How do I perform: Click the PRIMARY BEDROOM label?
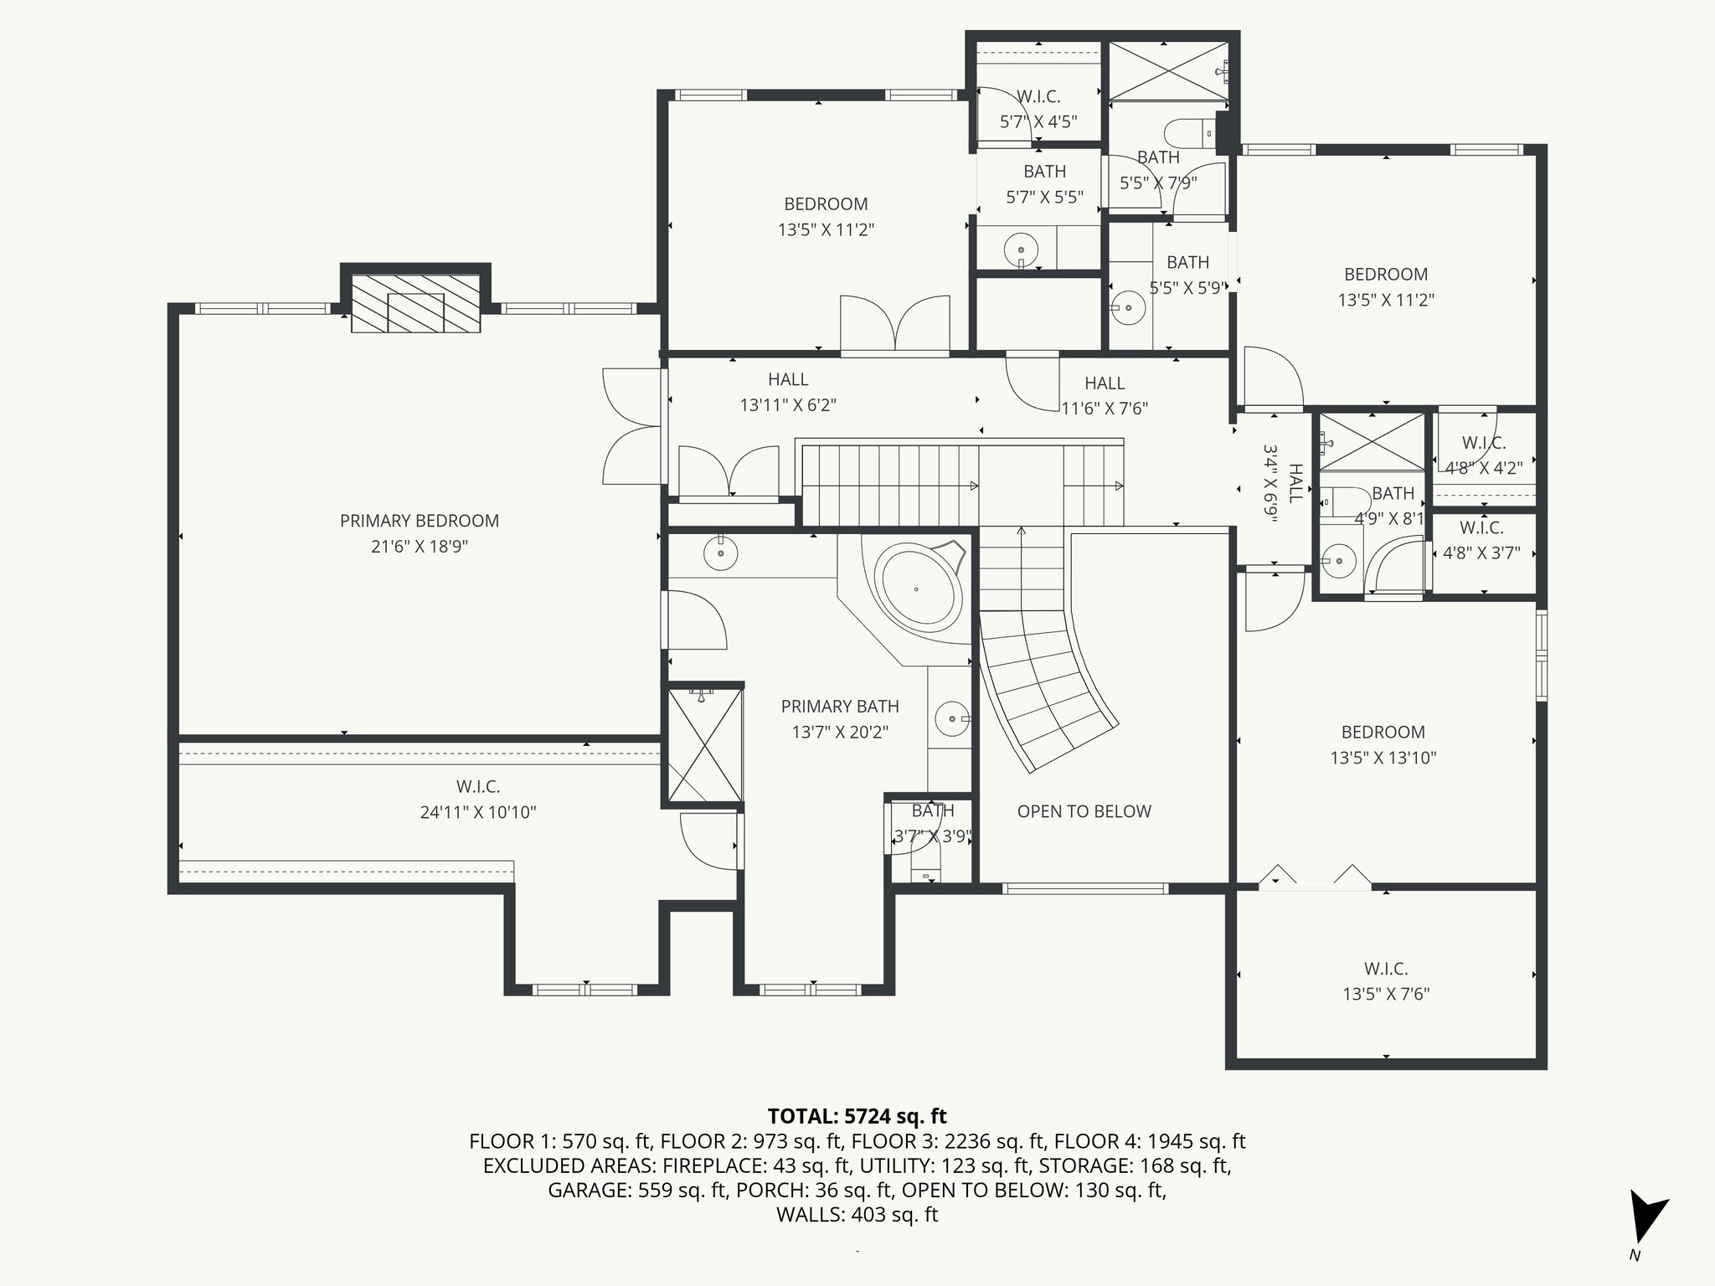coord(419,521)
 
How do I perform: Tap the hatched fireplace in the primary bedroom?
coord(415,302)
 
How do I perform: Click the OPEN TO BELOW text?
coord(1084,811)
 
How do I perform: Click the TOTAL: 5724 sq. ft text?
coord(857,1116)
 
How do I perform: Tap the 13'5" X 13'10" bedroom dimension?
coord(1383,758)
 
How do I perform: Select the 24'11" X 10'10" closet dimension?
coord(478,812)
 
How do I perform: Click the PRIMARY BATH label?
coord(840,707)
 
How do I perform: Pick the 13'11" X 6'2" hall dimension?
coord(788,405)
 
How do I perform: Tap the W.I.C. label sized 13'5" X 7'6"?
coord(1386,969)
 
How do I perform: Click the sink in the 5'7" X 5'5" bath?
coord(1021,250)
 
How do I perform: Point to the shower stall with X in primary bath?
coord(704,743)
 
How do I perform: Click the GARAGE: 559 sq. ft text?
coord(637,1190)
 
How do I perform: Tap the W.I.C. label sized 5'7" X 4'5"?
coord(1038,96)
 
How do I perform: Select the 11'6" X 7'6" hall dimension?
coord(1105,409)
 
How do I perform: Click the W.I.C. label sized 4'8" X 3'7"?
coord(1481,528)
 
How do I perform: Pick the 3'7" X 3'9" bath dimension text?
coord(932,836)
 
